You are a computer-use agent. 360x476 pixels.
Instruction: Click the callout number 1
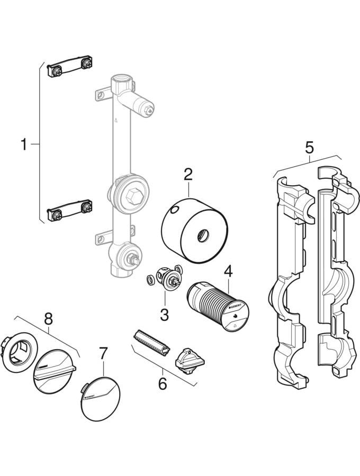click(x=24, y=144)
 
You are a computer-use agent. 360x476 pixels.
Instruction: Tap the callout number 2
click(x=188, y=173)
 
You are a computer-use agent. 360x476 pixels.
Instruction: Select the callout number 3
click(x=164, y=314)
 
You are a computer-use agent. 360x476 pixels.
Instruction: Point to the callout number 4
click(x=228, y=271)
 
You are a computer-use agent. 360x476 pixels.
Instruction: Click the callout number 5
click(x=309, y=147)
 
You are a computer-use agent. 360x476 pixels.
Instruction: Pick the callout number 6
click(x=162, y=382)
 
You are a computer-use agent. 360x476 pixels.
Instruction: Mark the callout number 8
click(x=48, y=318)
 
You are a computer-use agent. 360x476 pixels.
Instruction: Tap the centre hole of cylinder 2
click(x=203, y=234)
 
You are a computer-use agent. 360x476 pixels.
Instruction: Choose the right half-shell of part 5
click(x=334, y=275)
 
